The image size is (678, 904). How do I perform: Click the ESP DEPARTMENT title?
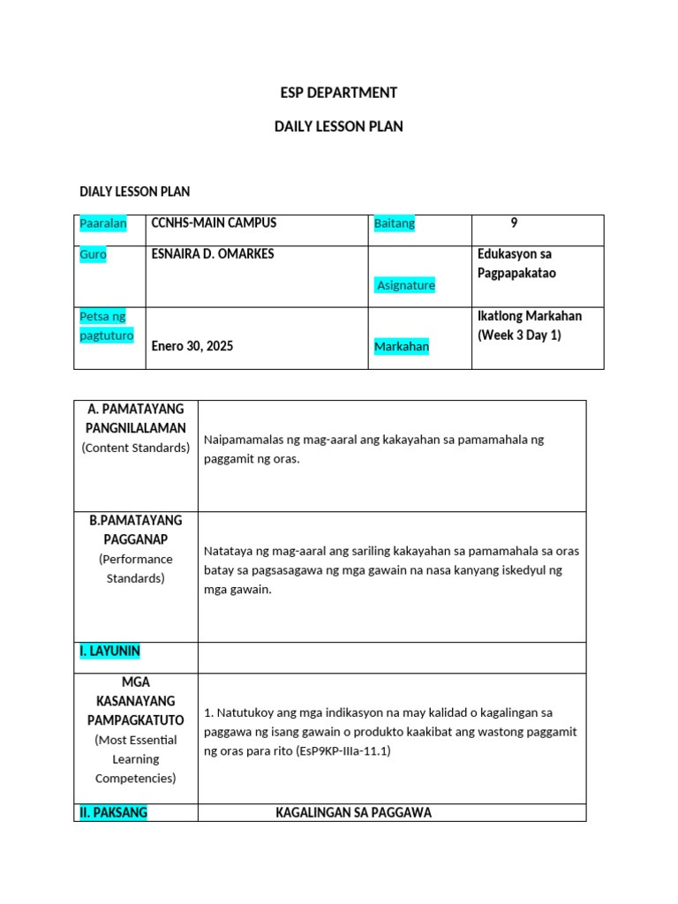point(338,93)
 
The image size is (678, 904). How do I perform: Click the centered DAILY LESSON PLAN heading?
point(338,126)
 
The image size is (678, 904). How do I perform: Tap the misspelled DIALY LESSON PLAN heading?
point(134,191)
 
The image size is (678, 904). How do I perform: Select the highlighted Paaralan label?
point(103,223)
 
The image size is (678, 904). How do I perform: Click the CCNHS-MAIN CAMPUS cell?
point(214,223)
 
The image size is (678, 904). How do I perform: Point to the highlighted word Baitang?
point(394,223)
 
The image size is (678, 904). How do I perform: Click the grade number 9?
point(514,223)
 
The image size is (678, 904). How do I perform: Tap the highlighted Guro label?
point(93,254)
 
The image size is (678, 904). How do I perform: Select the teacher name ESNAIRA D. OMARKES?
point(213,254)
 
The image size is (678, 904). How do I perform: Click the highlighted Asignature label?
point(405,285)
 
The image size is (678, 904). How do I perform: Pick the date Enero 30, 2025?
point(192,346)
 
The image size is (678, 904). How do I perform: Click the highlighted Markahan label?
point(402,346)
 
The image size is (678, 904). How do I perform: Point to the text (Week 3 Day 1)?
point(519,335)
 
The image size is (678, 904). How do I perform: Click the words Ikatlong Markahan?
point(529,316)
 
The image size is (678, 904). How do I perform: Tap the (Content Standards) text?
point(136,448)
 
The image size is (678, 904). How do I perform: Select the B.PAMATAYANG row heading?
point(136,521)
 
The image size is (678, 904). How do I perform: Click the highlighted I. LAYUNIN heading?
point(109,652)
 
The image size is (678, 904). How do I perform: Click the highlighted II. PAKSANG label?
point(113,813)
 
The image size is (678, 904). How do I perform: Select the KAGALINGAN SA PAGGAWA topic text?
point(353,813)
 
